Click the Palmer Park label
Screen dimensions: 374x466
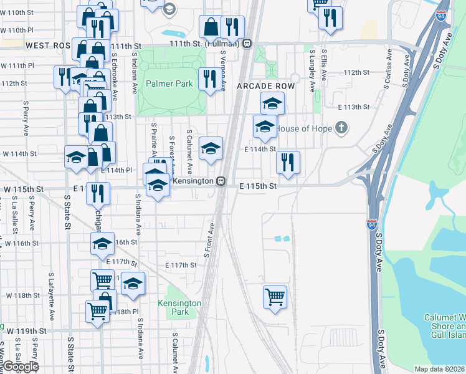coord(169,84)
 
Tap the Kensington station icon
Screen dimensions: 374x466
coord(221,181)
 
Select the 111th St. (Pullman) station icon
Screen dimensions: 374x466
coord(247,44)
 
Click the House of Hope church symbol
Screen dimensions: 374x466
coord(340,128)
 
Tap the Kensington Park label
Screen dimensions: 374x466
coord(180,307)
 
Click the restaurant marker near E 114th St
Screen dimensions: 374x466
coord(288,163)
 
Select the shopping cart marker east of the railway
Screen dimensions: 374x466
coord(275,297)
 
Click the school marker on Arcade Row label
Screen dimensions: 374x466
coord(272,103)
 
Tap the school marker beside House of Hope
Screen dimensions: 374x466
coord(265,127)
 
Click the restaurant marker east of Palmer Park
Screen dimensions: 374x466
coord(207,79)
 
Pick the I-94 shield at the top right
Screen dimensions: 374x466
coord(441,16)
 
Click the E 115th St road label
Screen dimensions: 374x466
coord(259,186)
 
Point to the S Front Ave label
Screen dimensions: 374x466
coord(210,240)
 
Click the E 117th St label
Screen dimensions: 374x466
coord(181,265)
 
